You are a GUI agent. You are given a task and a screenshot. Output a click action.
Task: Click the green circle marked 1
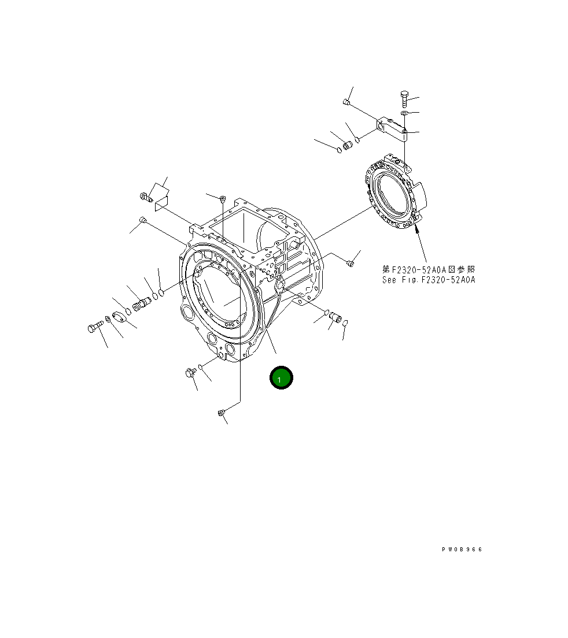(x=281, y=379)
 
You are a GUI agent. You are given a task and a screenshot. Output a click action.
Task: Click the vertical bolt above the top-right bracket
(x=404, y=99)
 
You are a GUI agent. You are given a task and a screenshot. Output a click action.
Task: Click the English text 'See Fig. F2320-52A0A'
(x=428, y=280)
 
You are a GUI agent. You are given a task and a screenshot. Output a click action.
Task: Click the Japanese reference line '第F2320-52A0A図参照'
(x=428, y=269)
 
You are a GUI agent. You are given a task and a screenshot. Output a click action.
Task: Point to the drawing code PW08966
(x=461, y=550)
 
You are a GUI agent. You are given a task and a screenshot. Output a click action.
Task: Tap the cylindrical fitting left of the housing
(x=141, y=303)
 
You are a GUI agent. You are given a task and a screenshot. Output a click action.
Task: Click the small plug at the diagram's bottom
(x=220, y=412)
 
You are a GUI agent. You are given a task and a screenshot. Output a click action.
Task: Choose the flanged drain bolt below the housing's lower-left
(x=189, y=373)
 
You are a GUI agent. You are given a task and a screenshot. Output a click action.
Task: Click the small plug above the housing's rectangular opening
(x=222, y=199)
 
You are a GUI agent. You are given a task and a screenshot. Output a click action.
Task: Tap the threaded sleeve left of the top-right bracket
(x=348, y=144)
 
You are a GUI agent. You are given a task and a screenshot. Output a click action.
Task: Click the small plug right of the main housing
(x=349, y=264)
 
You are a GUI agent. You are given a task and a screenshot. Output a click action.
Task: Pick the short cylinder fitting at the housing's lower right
(x=335, y=318)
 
